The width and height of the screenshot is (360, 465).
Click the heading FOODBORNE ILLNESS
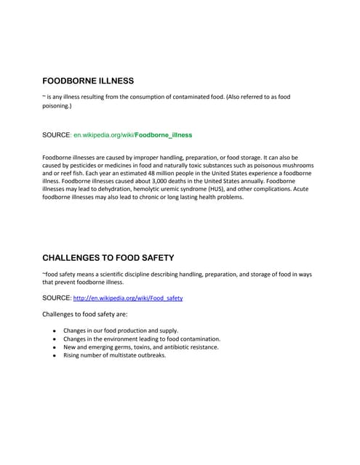click(88, 81)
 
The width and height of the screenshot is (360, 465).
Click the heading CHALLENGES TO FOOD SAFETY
click(108, 257)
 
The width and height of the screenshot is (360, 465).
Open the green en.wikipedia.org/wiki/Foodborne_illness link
click(133, 135)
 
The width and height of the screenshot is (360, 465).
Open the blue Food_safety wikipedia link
click(128, 299)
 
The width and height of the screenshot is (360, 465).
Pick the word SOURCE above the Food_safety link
click(57, 299)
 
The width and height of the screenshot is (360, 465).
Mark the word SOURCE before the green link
click(57, 135)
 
